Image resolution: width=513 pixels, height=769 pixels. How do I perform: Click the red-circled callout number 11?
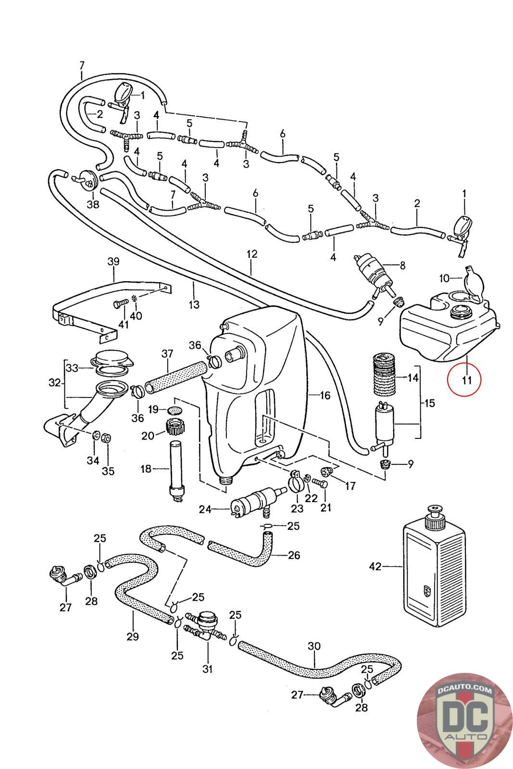(465, 380)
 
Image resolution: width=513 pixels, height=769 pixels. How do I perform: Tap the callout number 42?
(375, 567)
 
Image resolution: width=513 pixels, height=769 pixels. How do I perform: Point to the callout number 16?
(325, 395)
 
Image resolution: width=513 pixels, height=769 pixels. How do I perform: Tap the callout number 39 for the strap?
(113, 262)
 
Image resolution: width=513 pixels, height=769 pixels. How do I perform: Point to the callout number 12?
(252, 254)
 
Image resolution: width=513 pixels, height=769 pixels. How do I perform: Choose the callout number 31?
(207, 669)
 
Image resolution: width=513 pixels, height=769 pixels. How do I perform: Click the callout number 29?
(133, 636)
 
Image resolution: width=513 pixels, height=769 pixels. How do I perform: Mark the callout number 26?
(294, 555)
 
